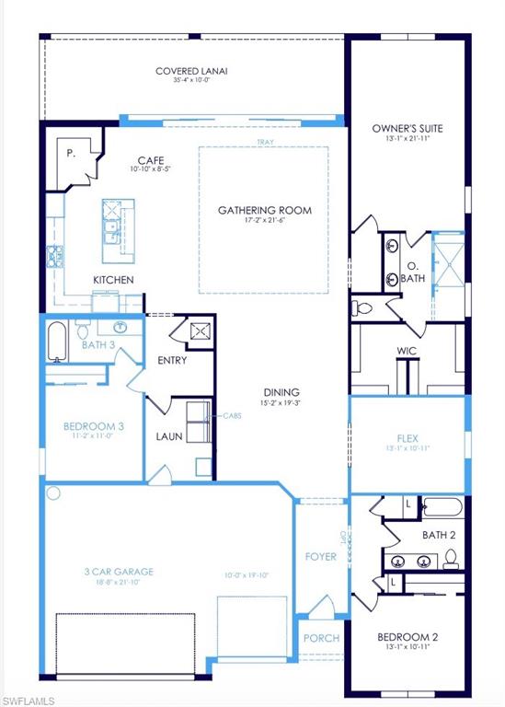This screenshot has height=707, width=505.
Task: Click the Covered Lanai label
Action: pos(191,71)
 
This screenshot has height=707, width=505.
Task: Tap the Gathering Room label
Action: pos(264,211)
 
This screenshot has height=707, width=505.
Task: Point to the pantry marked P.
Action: pos(71,154)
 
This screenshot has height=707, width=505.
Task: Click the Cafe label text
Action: pos(150,160)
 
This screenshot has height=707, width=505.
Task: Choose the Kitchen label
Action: pos(113,280)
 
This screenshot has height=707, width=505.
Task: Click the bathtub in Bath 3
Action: pos(57,340)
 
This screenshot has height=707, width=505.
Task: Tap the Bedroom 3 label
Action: pos(94,426)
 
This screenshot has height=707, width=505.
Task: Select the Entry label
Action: pos(172,360)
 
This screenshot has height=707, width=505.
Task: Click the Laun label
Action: pos(169,436)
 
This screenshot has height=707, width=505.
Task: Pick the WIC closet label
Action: pos(407,351)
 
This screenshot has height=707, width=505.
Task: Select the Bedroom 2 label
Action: pos(407,637)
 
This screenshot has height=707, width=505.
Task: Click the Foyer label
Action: pos(320,557)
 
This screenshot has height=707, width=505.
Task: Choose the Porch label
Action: pos(321,638)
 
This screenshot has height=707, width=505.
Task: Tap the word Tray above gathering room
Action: pos(264,142)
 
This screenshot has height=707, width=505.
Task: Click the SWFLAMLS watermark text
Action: pos(29,701)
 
